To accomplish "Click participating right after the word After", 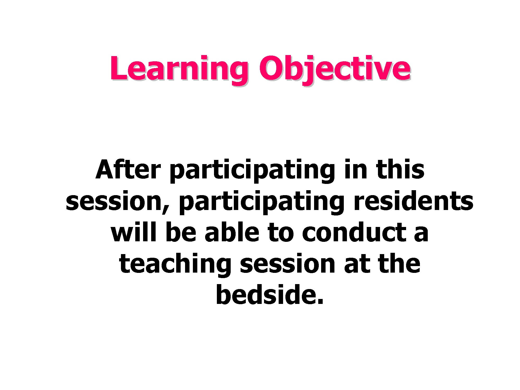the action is click(x=252, y=171).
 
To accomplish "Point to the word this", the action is click(x=400, y=170).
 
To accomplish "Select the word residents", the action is click(x=413, y=201).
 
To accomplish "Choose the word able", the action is click(x=232, y=232).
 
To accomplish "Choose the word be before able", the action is click(x=181, y=232).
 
